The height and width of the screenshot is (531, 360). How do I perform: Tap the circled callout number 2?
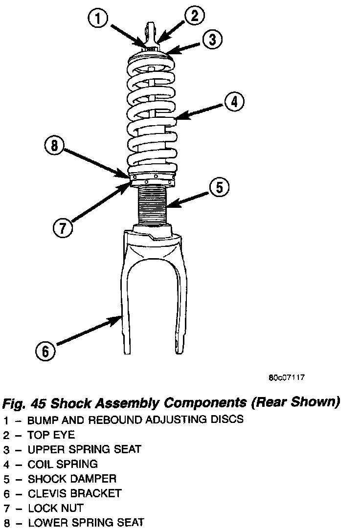click(x=194, y=16)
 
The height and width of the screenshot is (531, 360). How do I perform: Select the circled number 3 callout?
click(x=212, y=40)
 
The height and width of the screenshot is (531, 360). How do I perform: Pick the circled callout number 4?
click(x=234, y=102)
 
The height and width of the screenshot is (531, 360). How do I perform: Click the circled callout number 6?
click(x=45, y=350)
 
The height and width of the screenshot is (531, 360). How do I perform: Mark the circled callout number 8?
click(x=54, y=145)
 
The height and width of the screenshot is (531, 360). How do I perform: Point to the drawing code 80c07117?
click(x=287, y=377)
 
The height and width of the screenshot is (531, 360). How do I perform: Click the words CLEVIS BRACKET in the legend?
click(x=74, y=493)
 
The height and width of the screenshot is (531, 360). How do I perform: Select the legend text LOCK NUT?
click(x=55, y=508)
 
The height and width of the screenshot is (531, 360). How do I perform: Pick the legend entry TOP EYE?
click(x=51, y=434)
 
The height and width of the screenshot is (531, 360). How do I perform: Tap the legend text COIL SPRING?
click(x=63, y=464)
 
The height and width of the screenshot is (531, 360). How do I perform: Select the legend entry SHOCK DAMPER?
click(x=72, y=478)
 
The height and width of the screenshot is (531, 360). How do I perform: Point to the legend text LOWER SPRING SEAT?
click(x=86, y=523)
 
